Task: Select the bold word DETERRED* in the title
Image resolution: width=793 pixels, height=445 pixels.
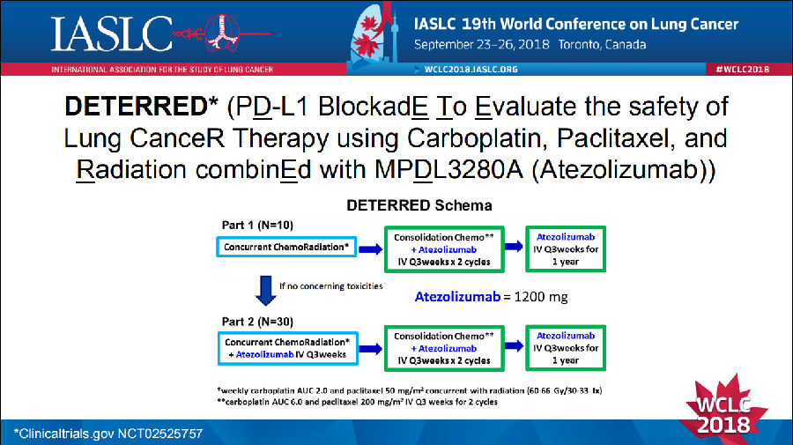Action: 142,107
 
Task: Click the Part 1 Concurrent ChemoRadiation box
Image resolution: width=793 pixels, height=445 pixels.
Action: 287,248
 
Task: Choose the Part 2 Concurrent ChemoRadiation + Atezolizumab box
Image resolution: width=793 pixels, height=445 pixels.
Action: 287,347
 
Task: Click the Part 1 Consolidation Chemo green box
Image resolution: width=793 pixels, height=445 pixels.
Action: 439,249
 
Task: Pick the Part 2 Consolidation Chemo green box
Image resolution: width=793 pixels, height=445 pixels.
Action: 439,347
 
